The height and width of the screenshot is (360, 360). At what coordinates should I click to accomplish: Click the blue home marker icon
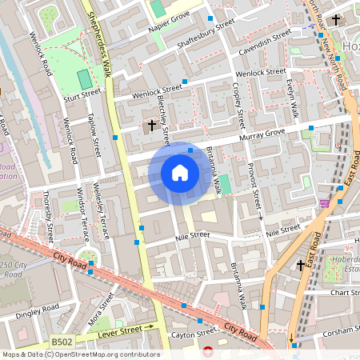(180, 173)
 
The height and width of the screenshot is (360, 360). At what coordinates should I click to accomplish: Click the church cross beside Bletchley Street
(150, 126)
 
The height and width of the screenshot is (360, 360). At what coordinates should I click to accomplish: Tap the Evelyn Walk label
(294, 98)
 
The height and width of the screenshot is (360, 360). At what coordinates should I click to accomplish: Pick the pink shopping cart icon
(324, 204)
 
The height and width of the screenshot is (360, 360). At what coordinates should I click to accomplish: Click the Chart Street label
(344, 293)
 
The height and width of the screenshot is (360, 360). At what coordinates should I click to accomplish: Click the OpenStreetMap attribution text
(80, 354)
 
